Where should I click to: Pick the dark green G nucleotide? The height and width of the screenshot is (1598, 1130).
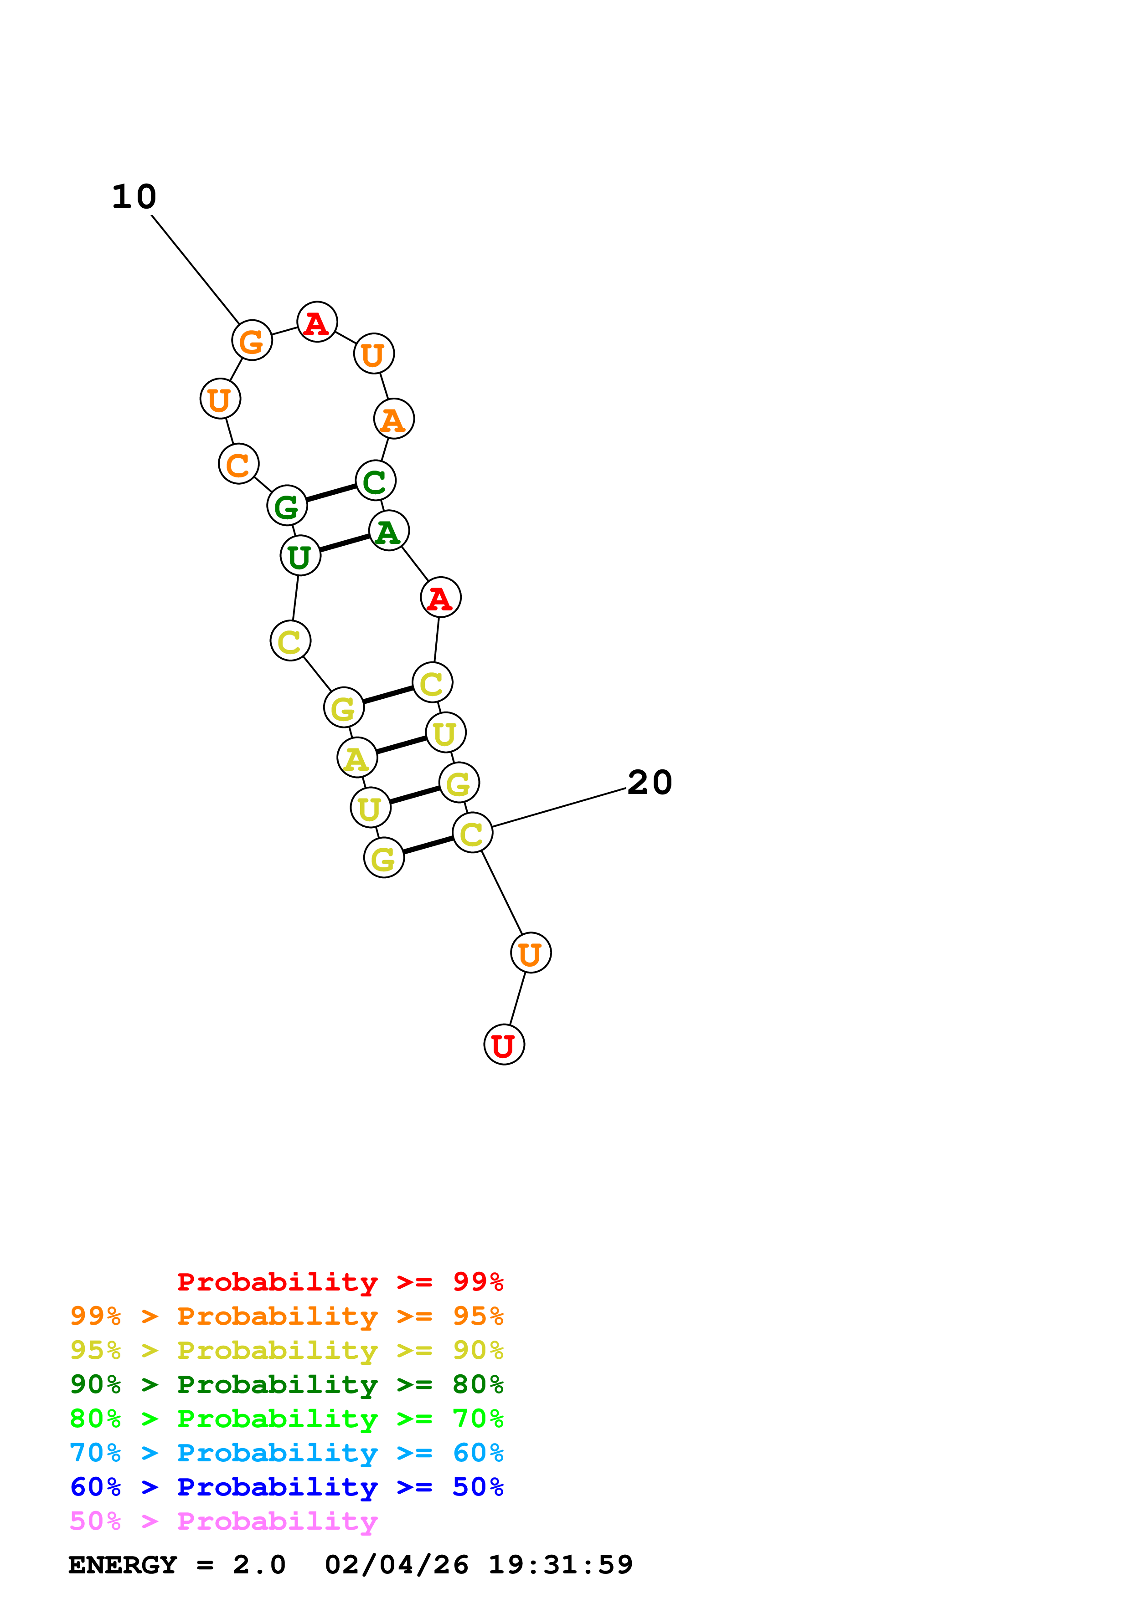click(287, 506)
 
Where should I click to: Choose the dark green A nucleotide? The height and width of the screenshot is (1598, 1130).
click(388, 531)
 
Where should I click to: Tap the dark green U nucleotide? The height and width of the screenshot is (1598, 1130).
click(300, 556)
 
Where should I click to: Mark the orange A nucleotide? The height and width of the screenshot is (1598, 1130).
click(394, 419)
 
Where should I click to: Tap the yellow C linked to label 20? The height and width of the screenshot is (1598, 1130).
click(472, 833)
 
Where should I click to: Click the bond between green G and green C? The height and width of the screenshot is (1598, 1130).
click(331, 493)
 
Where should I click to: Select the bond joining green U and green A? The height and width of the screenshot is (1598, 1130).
click(345, 543)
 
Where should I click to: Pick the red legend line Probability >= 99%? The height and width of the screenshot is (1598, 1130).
click(340, 1282)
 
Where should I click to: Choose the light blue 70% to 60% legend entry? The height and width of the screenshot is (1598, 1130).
click(286, 1453)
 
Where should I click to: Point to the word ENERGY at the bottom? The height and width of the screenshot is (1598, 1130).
click(123, 1565)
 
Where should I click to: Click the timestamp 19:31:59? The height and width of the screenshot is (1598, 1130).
click(561, 1565)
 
